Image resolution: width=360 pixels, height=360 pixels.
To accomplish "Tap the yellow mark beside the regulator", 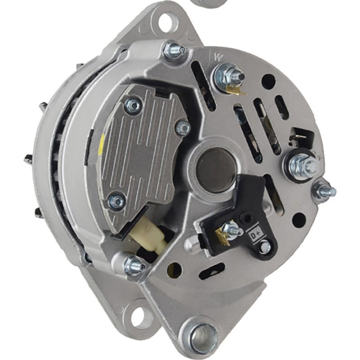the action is click(101, 144).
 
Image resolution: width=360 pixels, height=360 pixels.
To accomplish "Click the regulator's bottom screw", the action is click(117, 201).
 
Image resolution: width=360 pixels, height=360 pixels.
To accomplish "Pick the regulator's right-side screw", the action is click(183, 127).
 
